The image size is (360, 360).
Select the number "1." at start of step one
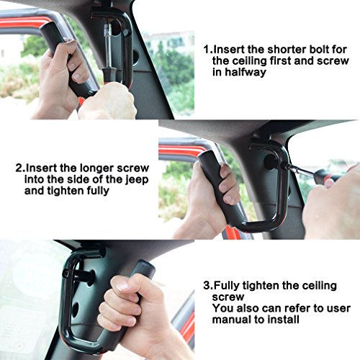pos(207,50)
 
